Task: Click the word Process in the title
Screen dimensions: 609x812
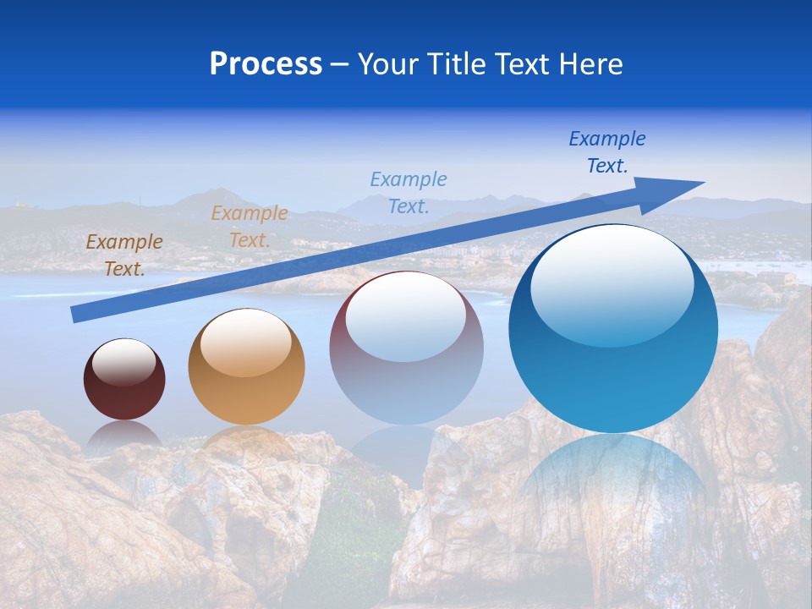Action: click(x=266, y=64)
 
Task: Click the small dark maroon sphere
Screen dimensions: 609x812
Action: click(x=124, y=380)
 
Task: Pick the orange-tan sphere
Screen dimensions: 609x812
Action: click(x=246, y=367)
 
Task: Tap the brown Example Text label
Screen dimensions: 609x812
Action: click(x=124, y=255)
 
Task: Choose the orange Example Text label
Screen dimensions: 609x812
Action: click(x=250, y=227)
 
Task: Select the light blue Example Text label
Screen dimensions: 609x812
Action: click(x=409, y=192)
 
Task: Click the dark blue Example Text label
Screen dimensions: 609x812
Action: click(x=607, y=152)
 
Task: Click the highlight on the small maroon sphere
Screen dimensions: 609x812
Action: click(x=123, y=362)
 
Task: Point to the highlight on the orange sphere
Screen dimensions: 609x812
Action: click(x=246, y=343)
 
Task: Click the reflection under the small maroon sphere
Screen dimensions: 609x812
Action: click(x=124, y=433)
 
